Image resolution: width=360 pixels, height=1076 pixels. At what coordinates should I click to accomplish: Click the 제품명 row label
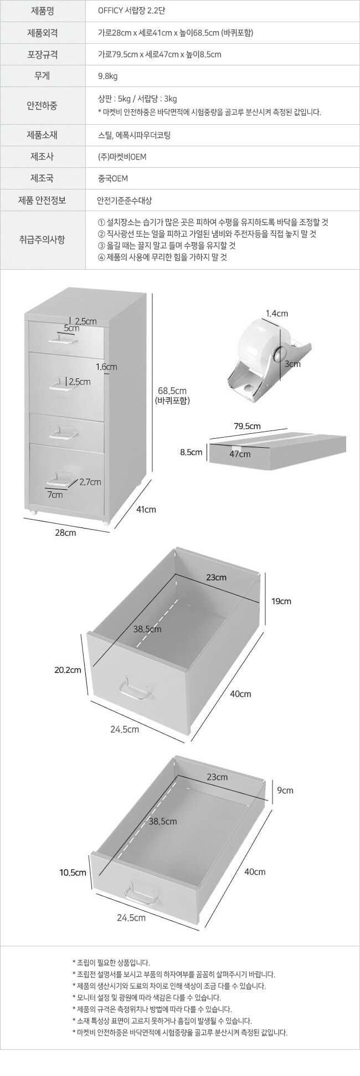(x=42, y=11)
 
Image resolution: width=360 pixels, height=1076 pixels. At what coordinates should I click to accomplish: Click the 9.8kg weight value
(x=107, y=76)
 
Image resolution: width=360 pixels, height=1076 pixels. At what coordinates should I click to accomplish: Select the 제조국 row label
(x=42, y=178)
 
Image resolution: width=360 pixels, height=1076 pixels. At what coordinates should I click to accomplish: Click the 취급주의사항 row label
(x=42, y=239)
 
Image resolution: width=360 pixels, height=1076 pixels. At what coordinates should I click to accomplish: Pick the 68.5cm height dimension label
(x=172, y=390)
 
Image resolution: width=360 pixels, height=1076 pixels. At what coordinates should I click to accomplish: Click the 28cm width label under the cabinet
(x=66, y=532)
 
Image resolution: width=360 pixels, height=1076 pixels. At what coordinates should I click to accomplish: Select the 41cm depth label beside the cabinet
(x=146, y=509)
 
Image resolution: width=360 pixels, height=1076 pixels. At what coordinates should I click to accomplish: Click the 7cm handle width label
(x=54, y=495)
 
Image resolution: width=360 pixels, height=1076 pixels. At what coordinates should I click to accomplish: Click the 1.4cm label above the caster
(x=277, y=313)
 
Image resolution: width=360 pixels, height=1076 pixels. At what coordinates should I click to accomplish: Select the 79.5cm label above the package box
(x=248, y=426)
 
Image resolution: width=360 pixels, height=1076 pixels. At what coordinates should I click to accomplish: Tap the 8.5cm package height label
(x=191, y=452)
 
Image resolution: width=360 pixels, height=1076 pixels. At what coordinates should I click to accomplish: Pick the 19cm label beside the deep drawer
(x=281, y=601)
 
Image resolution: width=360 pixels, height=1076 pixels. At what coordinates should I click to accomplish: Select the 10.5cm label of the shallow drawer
(x=73, y=873)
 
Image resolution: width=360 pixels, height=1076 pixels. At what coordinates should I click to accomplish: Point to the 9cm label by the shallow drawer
(x=286, y=790)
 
